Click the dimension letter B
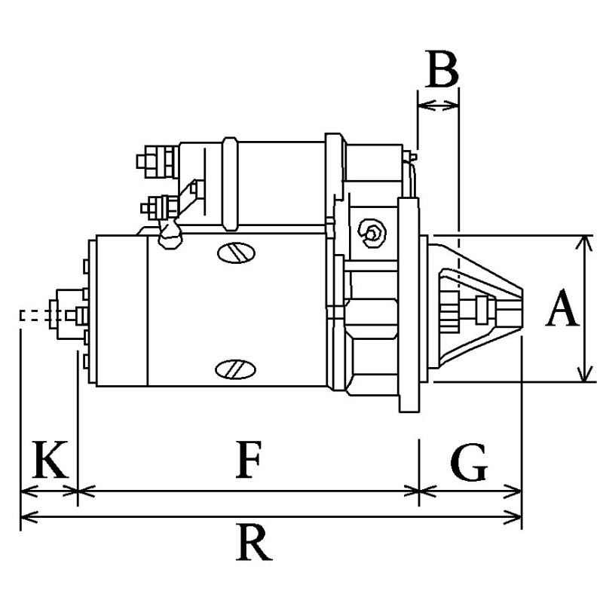(x=441, y=71)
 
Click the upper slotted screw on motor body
(x=234, y=253)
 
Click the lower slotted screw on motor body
(x=234, y=369)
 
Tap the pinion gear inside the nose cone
(x=449, y=311)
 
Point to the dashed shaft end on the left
(x=35, y=315)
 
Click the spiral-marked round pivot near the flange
(x=372, y=233)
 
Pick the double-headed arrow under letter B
(x=437, y=106)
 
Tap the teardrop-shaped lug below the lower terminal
(x=170, y=235)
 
